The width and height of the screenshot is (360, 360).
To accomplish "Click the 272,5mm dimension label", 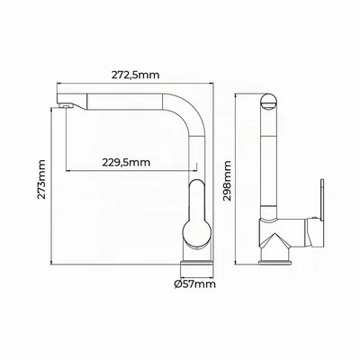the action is pyautogui.click(x=136, y=75).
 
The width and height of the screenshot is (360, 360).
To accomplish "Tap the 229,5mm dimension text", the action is pyautogui.click(x=126, y=162).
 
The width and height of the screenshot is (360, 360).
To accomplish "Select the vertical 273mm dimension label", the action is pyautogui.click(x=41, y=179).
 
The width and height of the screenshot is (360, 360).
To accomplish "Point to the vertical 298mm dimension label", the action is pyautogui.click(x=228, y=181).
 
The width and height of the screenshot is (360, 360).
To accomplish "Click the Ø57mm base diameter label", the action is pyautogui.click(x=195, y=283).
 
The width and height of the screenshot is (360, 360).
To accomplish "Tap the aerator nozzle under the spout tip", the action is pyautogui.click(x=66, y=105).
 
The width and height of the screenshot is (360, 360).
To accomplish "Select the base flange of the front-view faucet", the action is pyautogui.click(x=197, y=263).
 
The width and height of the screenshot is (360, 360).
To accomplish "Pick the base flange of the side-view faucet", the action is pyautogui.click(x=274, y=263).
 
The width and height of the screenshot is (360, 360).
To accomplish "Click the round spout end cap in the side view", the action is pyautogui.click(x=269, y=102).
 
